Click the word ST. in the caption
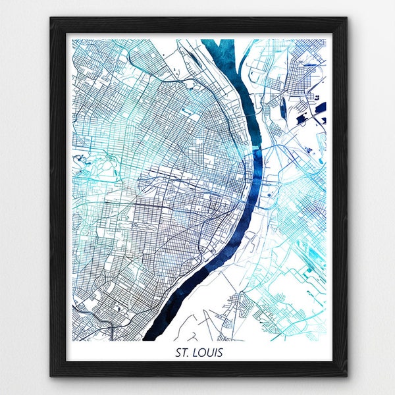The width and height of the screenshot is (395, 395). coord(184,353)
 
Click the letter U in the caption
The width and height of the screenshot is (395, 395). coord(210,353)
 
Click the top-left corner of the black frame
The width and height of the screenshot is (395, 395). coord(51,18)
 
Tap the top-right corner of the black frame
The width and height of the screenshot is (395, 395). coord(346,18)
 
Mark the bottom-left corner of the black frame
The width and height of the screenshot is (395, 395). coord(51,376)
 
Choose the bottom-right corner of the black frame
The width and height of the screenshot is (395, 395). coord(346,376)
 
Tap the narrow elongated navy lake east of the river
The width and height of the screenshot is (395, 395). coord(303,118)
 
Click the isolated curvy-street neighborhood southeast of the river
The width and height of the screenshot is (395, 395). coord(237,305)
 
